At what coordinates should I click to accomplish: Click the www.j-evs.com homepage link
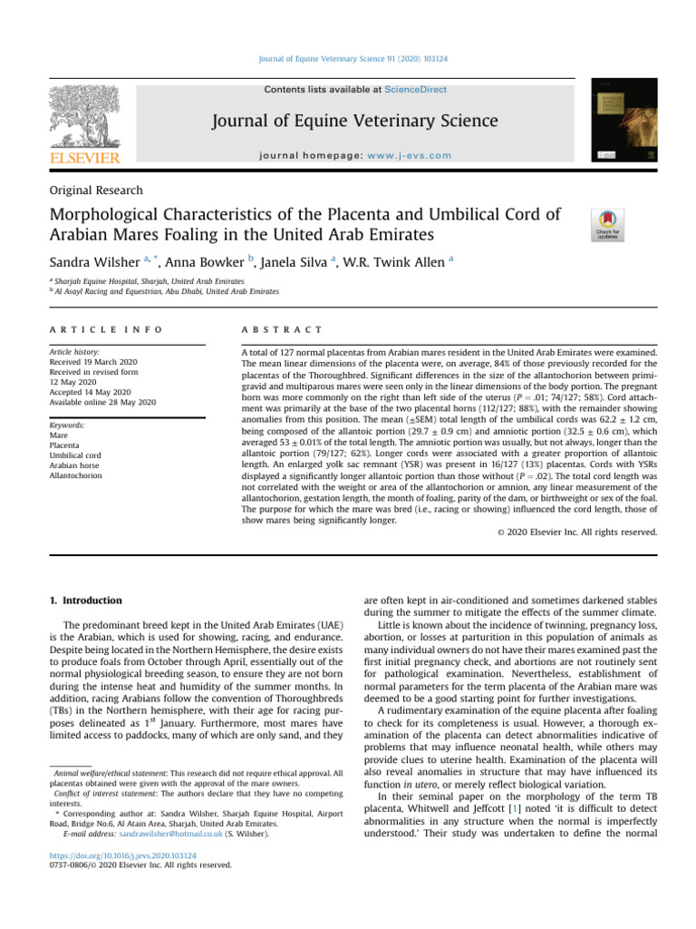tap(410, 155)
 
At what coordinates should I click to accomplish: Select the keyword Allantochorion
tap(76, 475)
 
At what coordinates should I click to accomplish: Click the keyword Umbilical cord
tap(76, 455)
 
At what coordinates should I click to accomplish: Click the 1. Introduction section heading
tap(84, 601)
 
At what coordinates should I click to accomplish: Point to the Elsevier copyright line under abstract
tap(576, 532)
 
